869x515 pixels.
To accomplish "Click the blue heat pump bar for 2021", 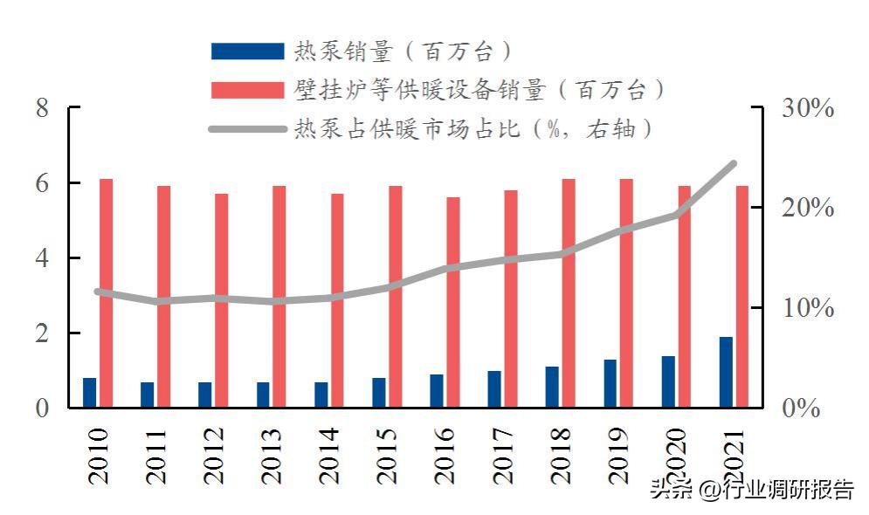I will (726, 372).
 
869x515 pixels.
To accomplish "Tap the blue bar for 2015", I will (378, 392).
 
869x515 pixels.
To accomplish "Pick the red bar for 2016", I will (453, 302).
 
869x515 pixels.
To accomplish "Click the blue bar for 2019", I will (610, 383).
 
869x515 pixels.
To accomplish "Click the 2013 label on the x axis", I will (269, 456).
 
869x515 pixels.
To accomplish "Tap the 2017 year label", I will (500, 456).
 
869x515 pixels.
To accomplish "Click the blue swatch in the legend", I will (247, 51).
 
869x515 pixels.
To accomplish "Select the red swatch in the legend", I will (247, 90).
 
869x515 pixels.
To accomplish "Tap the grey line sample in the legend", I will (247, 129).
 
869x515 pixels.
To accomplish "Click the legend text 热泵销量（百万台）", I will (402, 51).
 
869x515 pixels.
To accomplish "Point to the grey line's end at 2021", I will (734, 164).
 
